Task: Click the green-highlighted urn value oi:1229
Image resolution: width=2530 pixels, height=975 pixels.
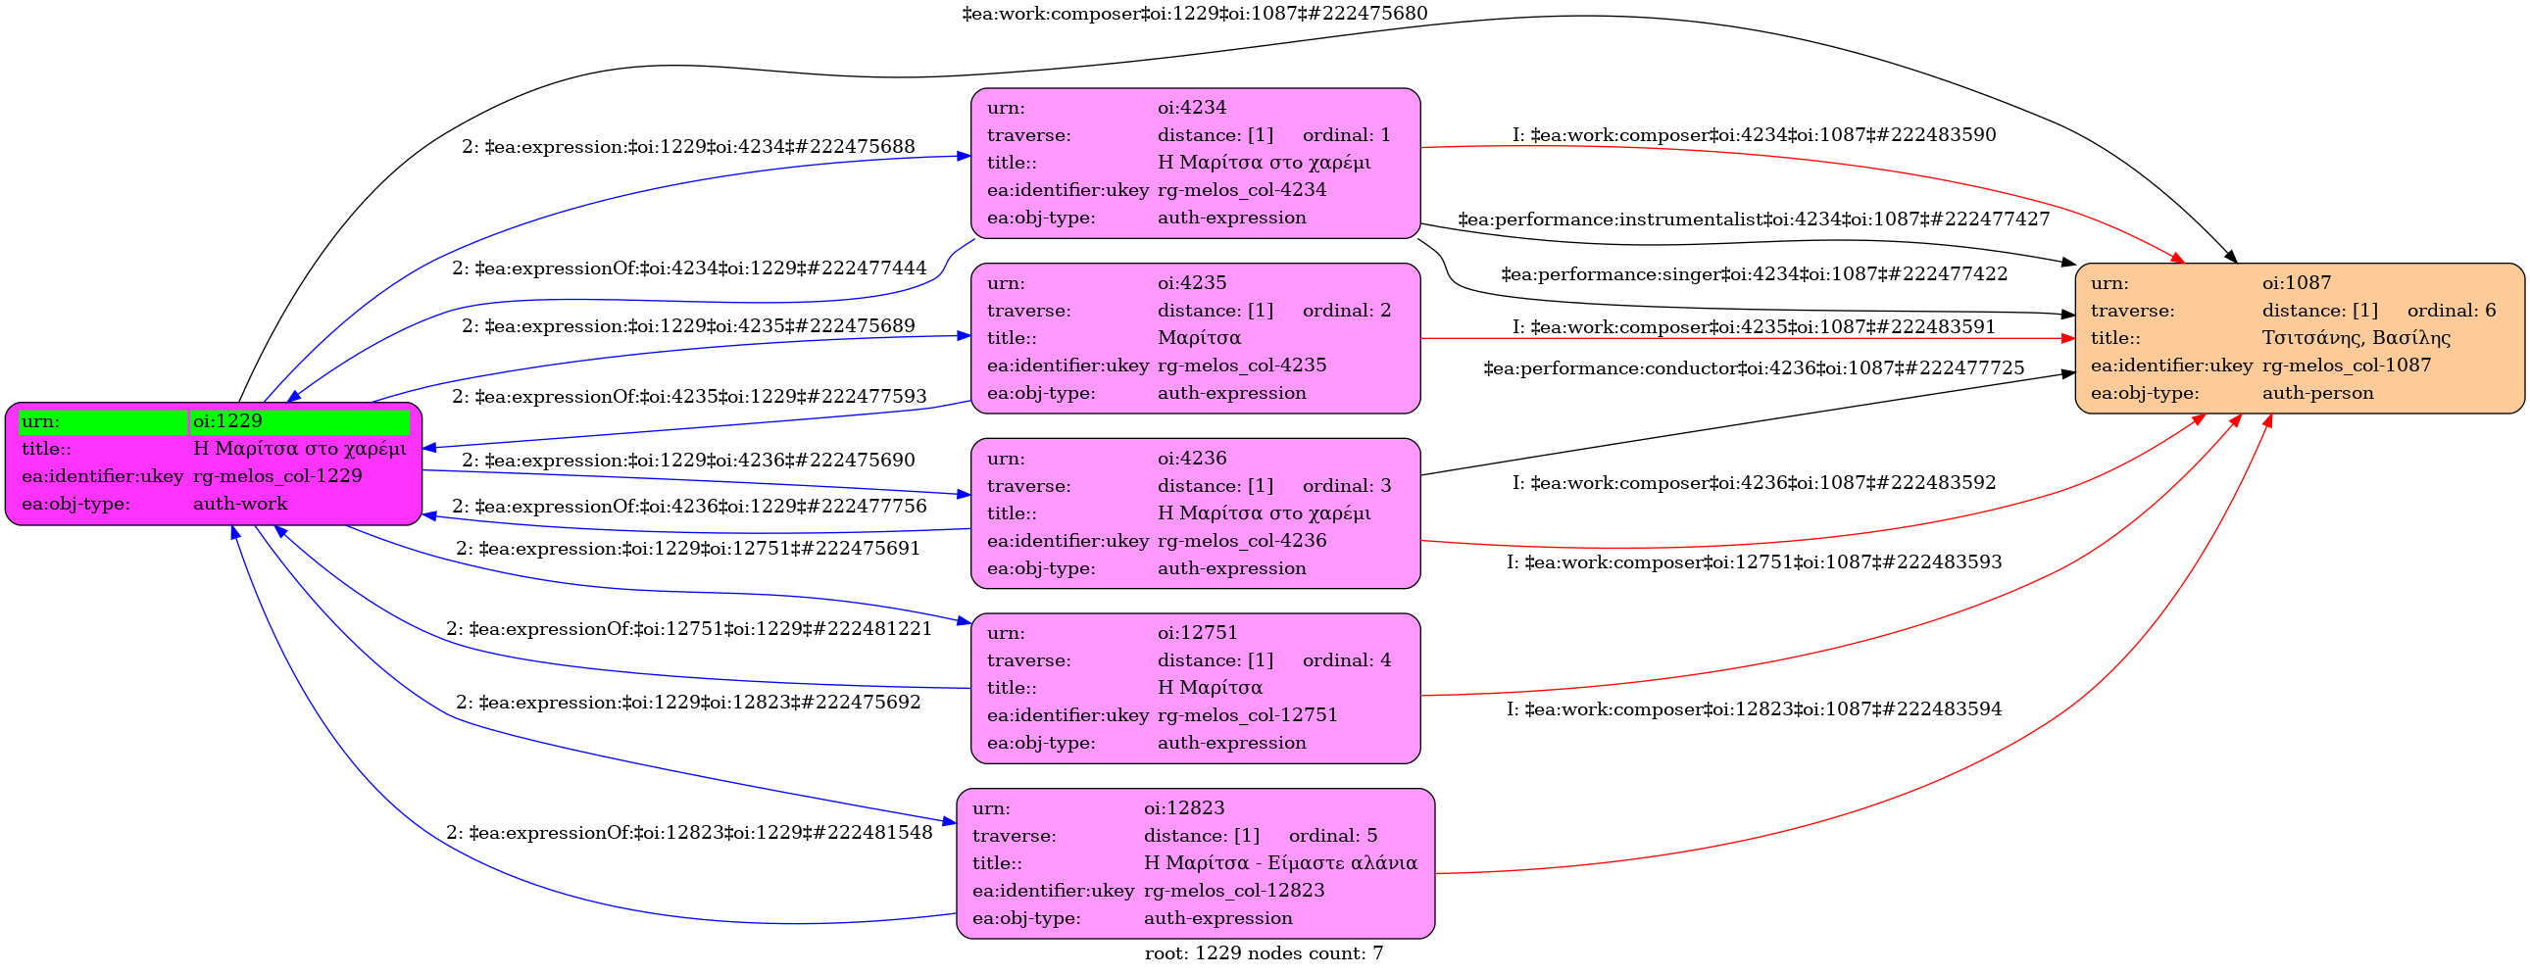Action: (x=227, y=421)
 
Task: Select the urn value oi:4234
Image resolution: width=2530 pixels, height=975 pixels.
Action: (x=1191, y=107)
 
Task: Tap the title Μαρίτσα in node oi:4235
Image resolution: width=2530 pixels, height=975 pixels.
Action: (x=1198, y=338)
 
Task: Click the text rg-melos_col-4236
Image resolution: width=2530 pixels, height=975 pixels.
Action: (x=1241, y=540)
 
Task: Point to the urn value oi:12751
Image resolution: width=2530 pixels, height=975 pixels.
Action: (x=1197, y=632)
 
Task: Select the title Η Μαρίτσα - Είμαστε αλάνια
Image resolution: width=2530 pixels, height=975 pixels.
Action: (x=1280, y=863)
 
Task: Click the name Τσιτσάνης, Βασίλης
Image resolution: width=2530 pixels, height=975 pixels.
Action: (x=2356, y=338)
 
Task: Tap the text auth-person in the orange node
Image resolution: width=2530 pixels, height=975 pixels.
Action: (x=2317, y=393)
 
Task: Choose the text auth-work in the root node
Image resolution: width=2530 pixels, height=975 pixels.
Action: (x=239, y=504)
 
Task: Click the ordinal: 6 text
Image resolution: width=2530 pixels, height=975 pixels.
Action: (x=2451, y=311)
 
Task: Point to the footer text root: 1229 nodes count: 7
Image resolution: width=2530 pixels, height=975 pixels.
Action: (x=1263, y=953)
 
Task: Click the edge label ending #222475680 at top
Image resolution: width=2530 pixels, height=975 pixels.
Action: (x=1194, y=14)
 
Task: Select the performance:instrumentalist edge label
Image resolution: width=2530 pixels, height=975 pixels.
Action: (x=1753, y=219)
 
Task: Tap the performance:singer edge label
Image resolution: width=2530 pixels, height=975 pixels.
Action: (x=1753, y=274)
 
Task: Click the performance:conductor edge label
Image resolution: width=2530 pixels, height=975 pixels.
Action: (x=1753, y=368)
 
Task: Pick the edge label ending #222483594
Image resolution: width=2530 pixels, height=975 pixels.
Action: (x=1753, y=708)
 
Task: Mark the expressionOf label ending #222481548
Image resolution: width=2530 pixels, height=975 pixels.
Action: (x=688, y=833)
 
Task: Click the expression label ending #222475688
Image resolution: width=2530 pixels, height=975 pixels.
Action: (x=687, y=146)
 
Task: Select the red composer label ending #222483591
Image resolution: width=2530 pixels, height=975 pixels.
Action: (x=1753, y=327)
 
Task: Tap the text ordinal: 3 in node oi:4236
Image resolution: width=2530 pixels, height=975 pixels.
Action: (x=1347, y=485)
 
